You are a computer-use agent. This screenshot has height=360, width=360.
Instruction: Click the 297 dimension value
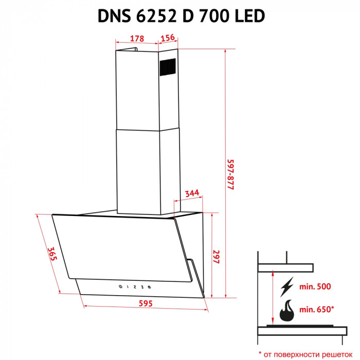[216, 257]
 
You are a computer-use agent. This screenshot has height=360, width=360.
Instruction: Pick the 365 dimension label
[52, 255]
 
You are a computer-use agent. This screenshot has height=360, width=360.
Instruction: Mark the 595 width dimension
[146, 303]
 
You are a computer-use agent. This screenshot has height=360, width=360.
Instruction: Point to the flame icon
[287, 311]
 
